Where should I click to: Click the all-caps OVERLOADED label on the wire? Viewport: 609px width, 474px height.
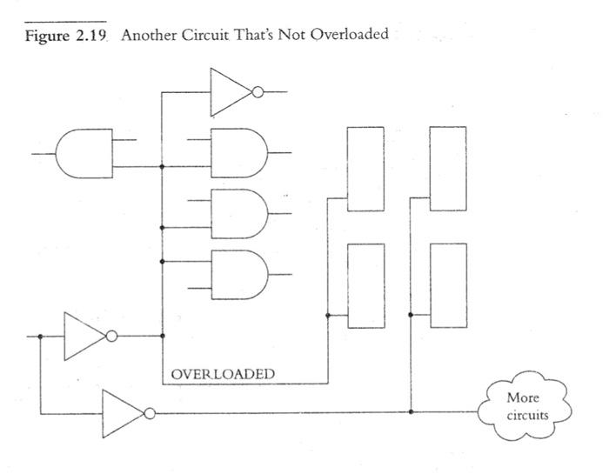pos(223,375)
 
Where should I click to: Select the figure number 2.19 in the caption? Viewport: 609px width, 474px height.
pos(87,34)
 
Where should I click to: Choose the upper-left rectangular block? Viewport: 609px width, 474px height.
pos(365,168)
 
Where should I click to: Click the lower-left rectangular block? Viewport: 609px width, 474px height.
pos(365,285)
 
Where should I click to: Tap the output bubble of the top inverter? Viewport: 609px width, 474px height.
pos(258,90)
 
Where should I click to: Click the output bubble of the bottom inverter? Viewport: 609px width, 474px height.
pos(150,412)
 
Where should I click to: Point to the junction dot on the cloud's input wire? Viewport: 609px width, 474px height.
pos(411,412)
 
